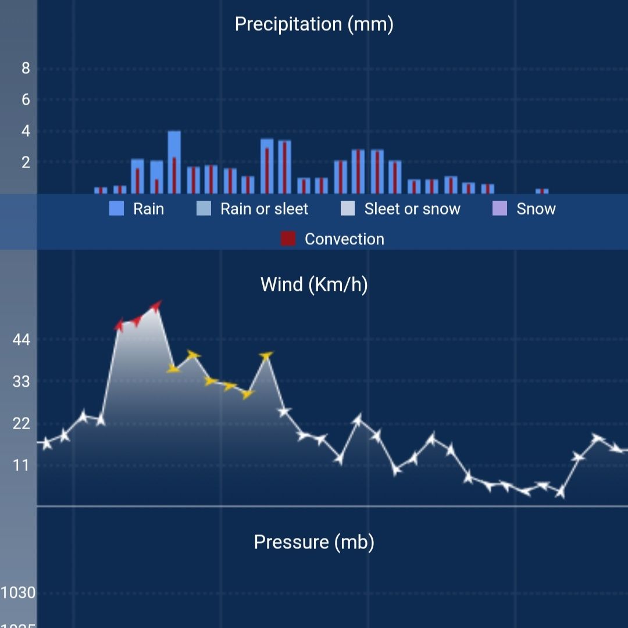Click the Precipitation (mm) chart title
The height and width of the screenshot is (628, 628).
coord(314,24)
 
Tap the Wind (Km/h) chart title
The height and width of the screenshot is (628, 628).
coord(314,284)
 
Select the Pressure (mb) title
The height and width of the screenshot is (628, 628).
coord(314,542)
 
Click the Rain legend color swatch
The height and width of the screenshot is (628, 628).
coord(117,209)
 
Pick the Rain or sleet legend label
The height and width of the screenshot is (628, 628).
coord(264,209)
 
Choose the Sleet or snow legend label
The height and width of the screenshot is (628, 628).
coord(412,209)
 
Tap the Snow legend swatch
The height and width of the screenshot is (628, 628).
coord(499,209)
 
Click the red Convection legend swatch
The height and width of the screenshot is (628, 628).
coord(288,239)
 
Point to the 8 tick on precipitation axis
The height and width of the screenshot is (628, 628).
coord(26,69)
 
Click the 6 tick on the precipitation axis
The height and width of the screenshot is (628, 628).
coord(26,99)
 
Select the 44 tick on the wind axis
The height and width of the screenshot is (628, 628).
coord(21,340)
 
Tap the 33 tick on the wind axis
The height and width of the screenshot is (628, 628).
coord(21,381)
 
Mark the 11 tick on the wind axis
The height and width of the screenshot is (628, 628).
coord(21,465)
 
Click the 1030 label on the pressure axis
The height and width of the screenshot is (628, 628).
coord(18,593)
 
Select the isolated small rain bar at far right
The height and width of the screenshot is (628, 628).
coord(542,191)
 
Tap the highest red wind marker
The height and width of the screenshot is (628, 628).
coord(155,306)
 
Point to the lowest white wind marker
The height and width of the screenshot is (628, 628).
coord(560,493)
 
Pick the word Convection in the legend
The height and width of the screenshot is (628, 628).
coord(344,239)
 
